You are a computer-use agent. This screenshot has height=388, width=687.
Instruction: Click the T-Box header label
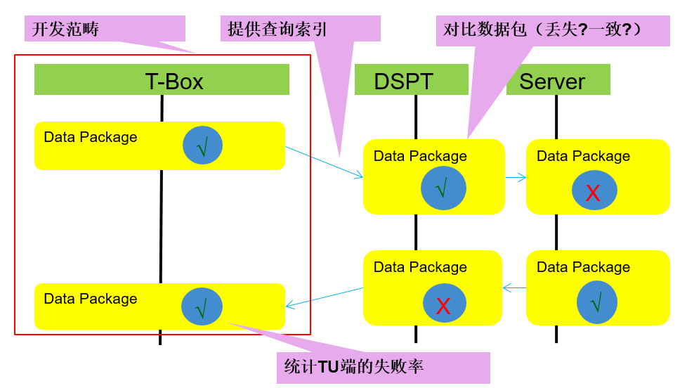pos(174,82)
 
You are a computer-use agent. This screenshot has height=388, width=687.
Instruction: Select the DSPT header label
pos(403,82)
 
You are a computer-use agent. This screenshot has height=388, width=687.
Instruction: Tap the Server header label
pos(552,82)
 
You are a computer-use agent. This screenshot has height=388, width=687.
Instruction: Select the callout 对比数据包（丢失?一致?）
pos(542,30)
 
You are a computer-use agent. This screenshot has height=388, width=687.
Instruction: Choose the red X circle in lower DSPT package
pos(443,304)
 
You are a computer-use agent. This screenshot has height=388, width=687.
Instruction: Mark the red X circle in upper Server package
pos(594,192)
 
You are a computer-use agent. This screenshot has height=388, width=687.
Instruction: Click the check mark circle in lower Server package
pos(596,303)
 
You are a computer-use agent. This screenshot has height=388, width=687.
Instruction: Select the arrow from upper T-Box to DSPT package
pos(323,161)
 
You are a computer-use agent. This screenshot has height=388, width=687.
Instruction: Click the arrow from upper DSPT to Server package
pos(516,178)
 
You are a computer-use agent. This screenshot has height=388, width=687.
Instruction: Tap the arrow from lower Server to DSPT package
pos(514,287)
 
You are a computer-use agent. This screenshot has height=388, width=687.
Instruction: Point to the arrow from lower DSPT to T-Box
pos(324,297)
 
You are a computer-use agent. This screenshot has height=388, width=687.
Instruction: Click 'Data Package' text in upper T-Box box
pos(91,137)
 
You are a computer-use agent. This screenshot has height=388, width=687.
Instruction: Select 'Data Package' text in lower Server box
pos(583,267)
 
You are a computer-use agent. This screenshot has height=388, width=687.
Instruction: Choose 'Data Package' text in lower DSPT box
pos(420,267)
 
